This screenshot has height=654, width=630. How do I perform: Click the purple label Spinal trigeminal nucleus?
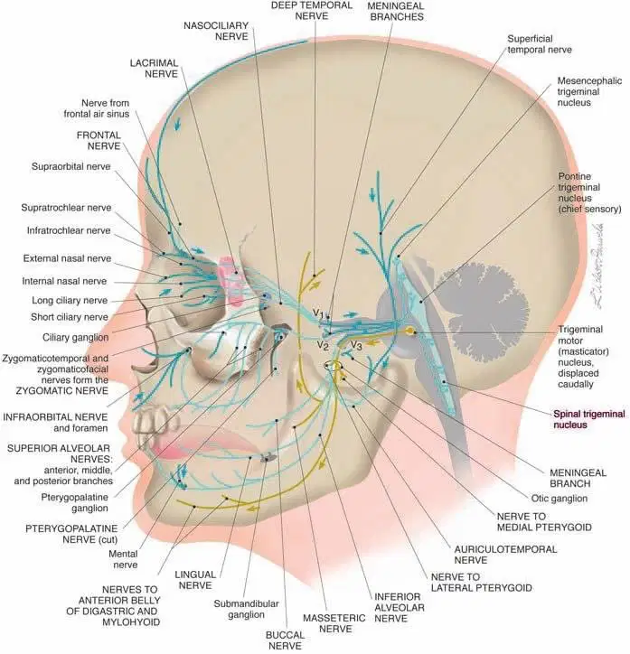coord(589,419)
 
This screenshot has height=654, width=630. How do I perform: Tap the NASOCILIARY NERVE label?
coord(216,31)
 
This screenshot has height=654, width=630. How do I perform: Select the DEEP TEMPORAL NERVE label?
coord(311,11)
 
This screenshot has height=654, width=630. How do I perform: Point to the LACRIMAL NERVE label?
coord(154,69)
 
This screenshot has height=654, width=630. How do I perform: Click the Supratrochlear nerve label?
coord(66,208)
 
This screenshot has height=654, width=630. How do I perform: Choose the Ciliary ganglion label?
coord(76,337)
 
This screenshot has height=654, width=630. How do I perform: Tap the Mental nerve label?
coord(123,559)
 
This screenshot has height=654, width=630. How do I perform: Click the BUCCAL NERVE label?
coord(285,640)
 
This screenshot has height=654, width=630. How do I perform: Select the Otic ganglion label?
coord(559,499)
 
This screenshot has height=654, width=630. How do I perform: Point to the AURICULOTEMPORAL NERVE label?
coord(505,555)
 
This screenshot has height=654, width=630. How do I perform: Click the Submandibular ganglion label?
coord(246,609)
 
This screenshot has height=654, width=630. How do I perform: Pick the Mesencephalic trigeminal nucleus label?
coord(589,91)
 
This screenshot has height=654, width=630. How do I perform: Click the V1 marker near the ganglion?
coord(318,313)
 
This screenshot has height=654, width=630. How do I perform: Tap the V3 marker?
coord(356,345)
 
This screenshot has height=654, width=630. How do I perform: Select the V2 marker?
coord(323,345)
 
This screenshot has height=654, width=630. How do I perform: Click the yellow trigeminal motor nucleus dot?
coord(411,332)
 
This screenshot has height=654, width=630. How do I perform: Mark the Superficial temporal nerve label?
coord(540,44)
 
